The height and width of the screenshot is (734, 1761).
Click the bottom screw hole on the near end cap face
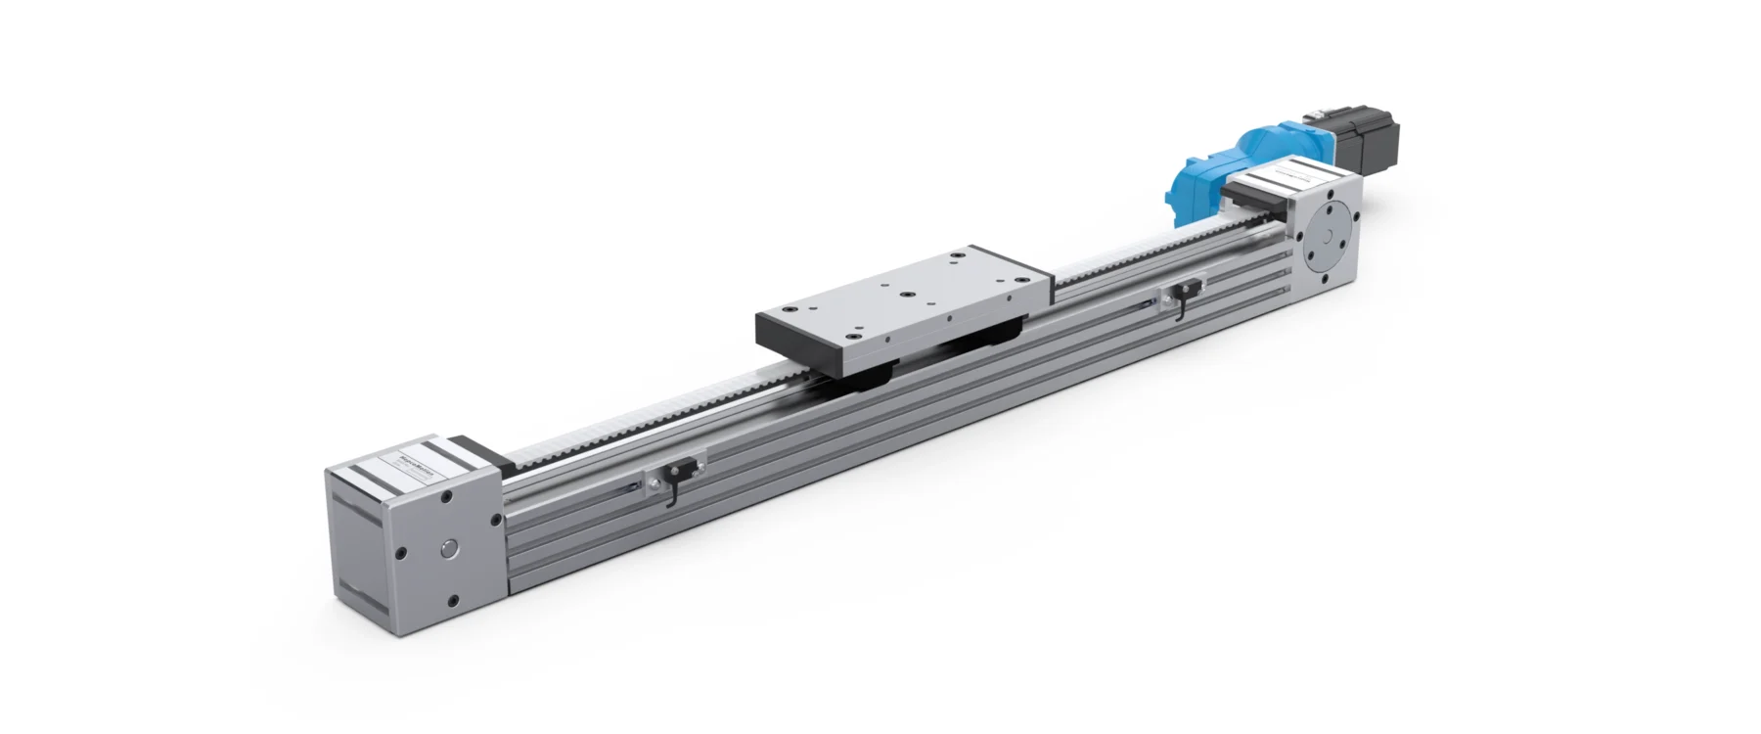pyautogui.click(x=451, y=602)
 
